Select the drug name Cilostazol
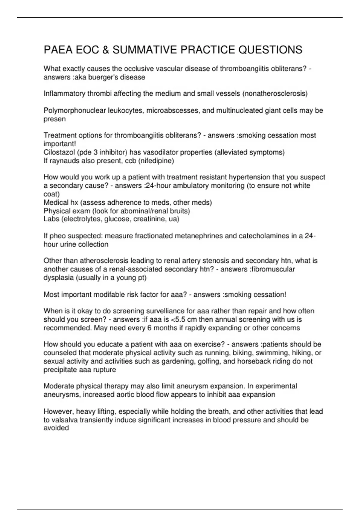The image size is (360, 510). pos(59,152)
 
